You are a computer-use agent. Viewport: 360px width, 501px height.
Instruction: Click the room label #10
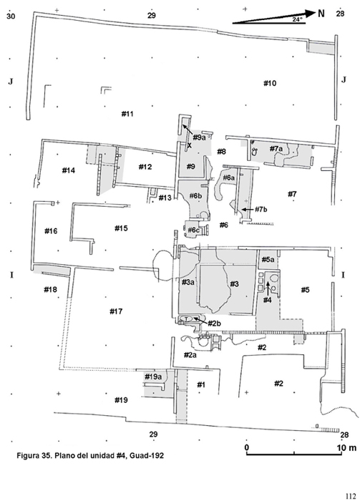270,84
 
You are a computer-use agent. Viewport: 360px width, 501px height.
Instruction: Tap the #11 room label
127,114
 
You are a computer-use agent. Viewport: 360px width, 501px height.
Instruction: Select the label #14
69,170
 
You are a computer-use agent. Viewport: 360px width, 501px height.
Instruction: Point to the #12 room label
145,167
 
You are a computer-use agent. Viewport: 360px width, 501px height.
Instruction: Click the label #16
51,230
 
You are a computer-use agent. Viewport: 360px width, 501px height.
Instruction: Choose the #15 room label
121,228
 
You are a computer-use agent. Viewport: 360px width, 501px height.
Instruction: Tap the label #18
51,289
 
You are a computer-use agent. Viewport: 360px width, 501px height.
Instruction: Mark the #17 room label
116,311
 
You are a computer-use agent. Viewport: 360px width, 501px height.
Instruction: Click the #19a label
153,376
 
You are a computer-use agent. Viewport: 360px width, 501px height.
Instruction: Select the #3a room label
188,282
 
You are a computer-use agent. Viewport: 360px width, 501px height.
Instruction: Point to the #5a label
268,259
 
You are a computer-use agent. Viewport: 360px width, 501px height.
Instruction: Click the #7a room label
276,149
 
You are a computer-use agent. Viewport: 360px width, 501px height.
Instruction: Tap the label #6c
193,230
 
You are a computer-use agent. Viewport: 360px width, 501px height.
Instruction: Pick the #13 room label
165,198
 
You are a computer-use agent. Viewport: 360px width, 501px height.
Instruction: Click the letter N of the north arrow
321,13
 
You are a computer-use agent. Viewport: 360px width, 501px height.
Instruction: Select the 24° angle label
298,19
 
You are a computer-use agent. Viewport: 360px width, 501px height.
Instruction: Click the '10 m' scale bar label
346,447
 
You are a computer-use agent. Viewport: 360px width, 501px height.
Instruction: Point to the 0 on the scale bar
247,447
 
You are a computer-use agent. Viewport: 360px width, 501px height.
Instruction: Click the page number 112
351,496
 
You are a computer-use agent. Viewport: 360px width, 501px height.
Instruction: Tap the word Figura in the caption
27,456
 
